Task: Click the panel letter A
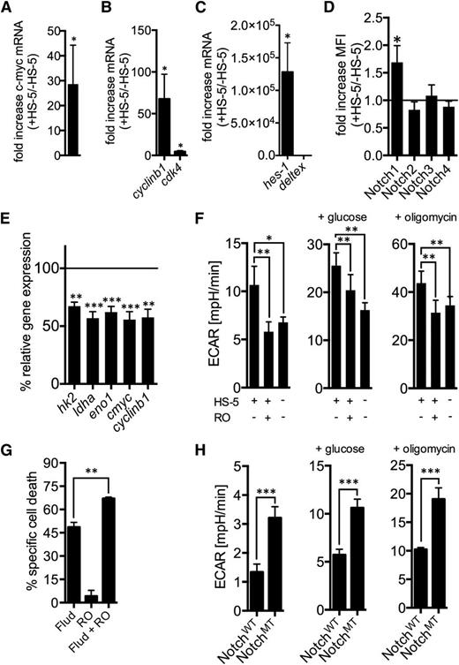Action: (8, 8)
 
